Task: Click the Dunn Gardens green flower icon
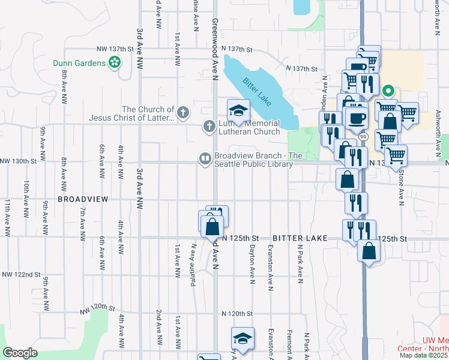point(113,62)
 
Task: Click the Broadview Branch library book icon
point(204,159)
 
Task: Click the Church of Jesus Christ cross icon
point(182,111)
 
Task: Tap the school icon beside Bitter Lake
point(238,110)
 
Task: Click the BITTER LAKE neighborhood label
point(299,238)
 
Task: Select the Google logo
point(20,353)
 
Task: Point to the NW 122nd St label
point(22,274)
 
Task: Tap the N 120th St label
point(237,314)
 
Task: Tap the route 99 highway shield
point(363,137)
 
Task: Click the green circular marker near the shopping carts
point(388,91)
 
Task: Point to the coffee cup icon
point(357,119)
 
